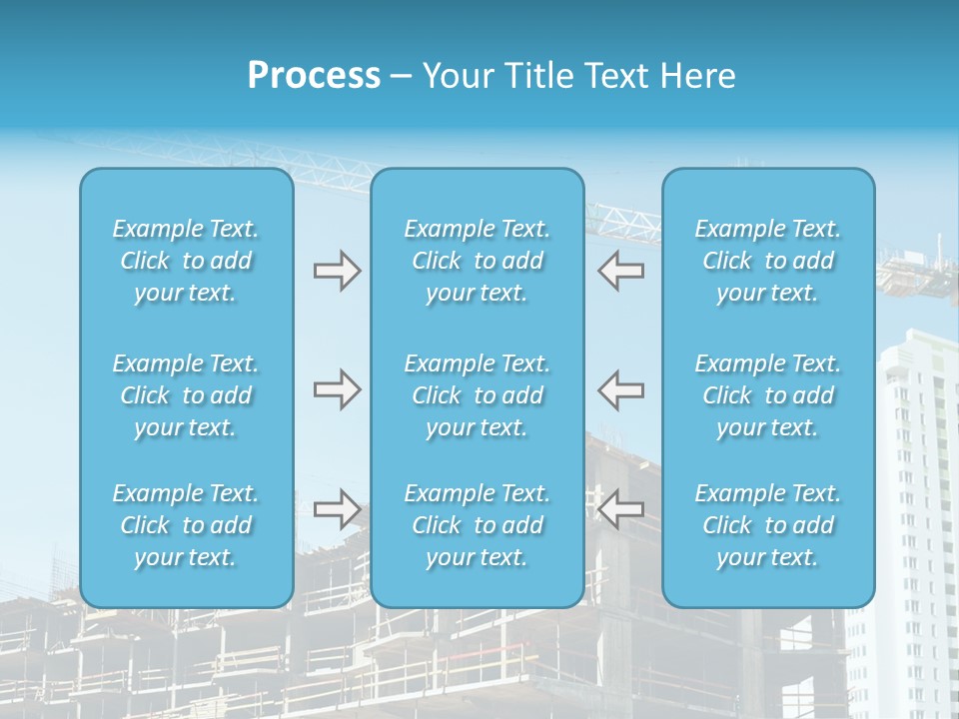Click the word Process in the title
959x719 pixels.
point(314,76)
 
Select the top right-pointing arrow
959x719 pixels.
point(337,271)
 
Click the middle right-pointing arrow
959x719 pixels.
point(337,389)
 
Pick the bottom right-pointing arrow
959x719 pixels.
point(337,508)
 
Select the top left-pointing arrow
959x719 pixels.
point(621,271)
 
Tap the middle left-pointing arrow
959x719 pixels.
point(621,389)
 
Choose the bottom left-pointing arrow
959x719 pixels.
point(621,508)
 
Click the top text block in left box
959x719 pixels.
point(186,261)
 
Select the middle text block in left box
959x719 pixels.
point(186,395)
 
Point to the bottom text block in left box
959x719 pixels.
point(186,525)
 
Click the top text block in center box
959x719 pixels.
point(478,261)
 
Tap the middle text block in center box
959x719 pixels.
point(478,395)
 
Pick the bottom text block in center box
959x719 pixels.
point(478,525)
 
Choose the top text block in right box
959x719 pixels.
point(768,261)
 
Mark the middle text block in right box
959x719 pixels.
point(768,395)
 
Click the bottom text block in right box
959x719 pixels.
point(768,525)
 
